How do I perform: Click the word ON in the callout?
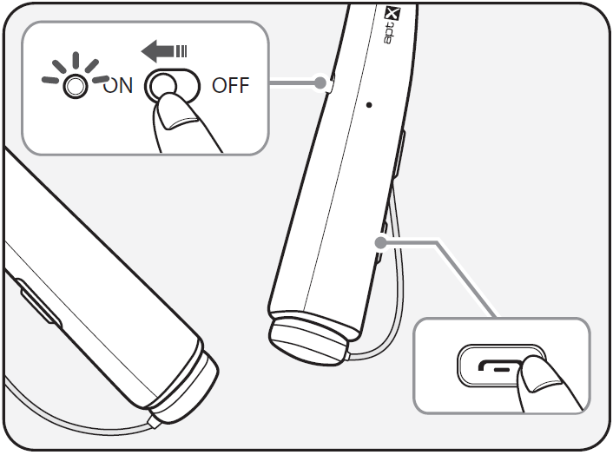(x=119, y=87)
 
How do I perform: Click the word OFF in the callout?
(x=230, y=87)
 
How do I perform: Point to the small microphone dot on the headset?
(x=370, y=103)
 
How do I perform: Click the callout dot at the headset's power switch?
(x=322, y=84)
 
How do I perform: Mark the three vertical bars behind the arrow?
(x=181, y=54)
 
